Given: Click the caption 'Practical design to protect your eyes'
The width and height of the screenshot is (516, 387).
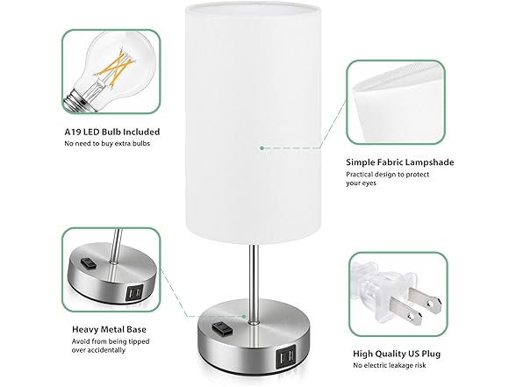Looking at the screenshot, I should [x=387, y=179].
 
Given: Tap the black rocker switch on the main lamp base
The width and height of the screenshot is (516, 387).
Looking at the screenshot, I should [x=219, y=329].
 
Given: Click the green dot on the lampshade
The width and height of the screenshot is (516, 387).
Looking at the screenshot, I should [x=261, y=148].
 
